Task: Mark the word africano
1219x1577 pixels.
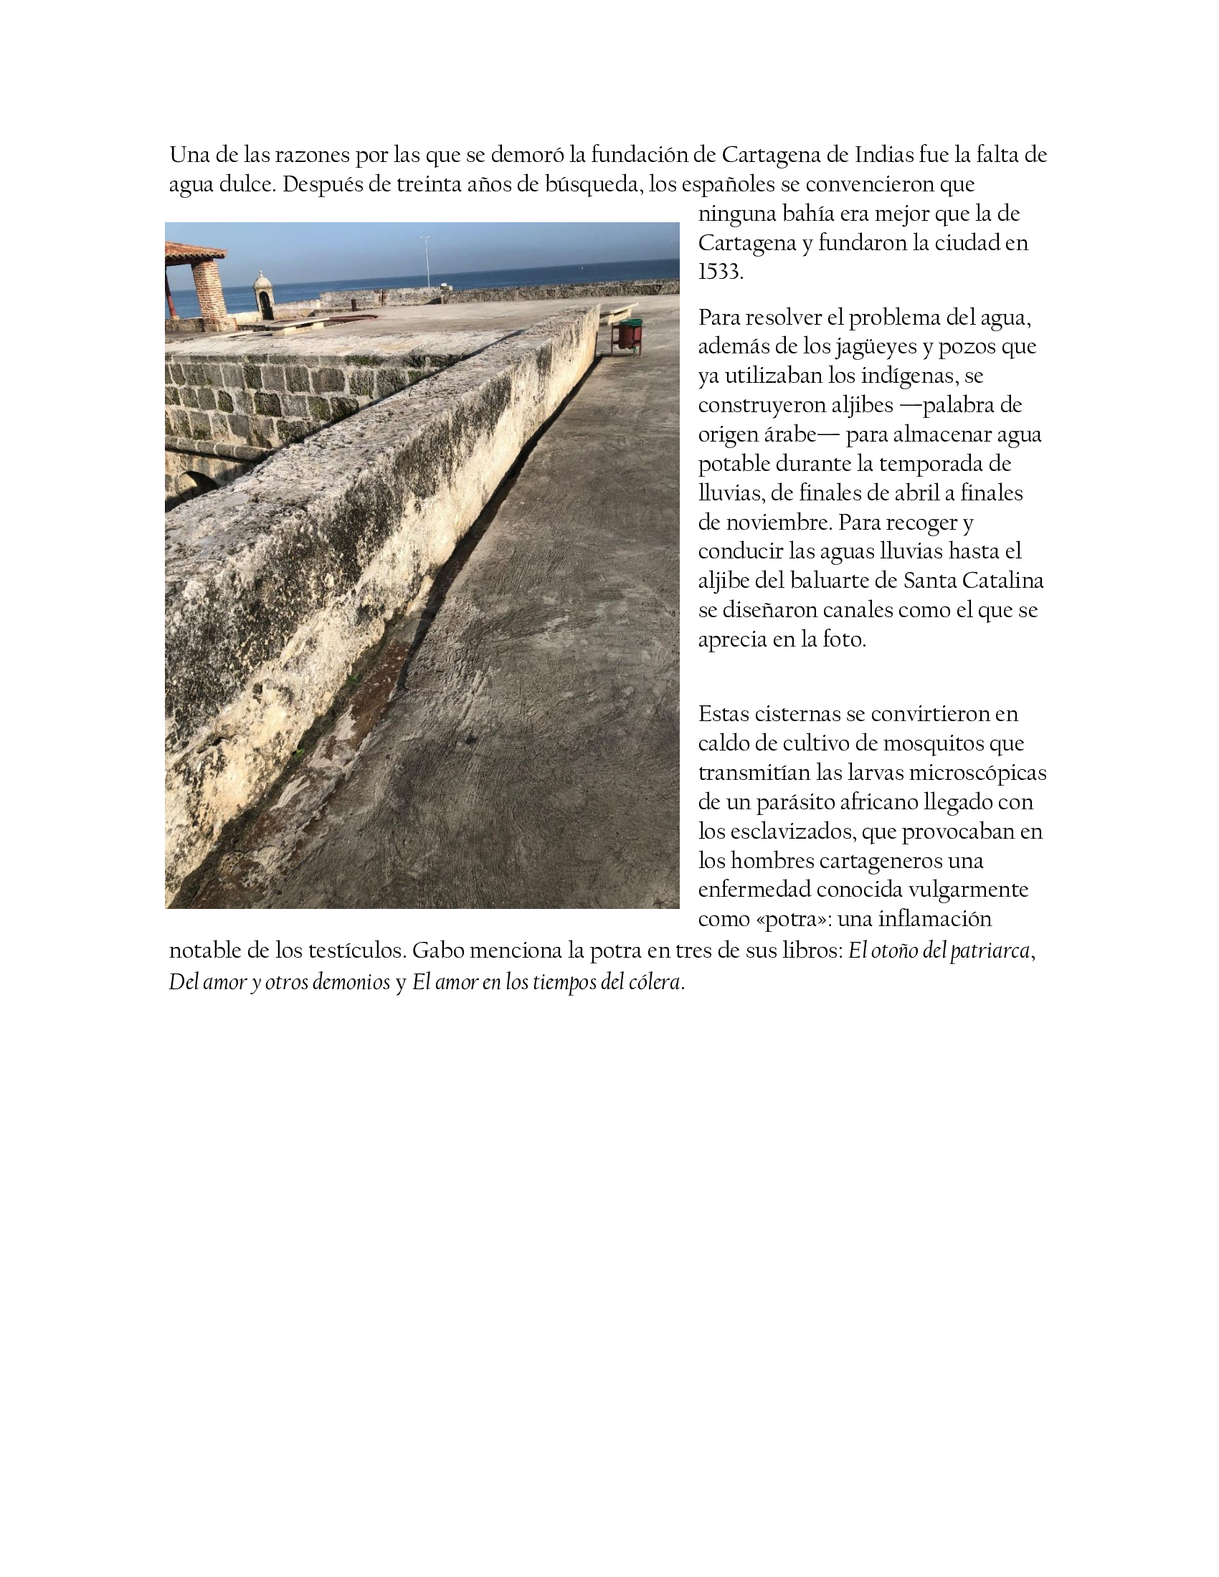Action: [x=874, y=801]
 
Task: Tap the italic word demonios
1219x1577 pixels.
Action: [x=351, y=982]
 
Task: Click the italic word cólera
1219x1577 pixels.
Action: [x=655, y=982]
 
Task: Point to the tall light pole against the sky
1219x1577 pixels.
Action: [x=427, y=260]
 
